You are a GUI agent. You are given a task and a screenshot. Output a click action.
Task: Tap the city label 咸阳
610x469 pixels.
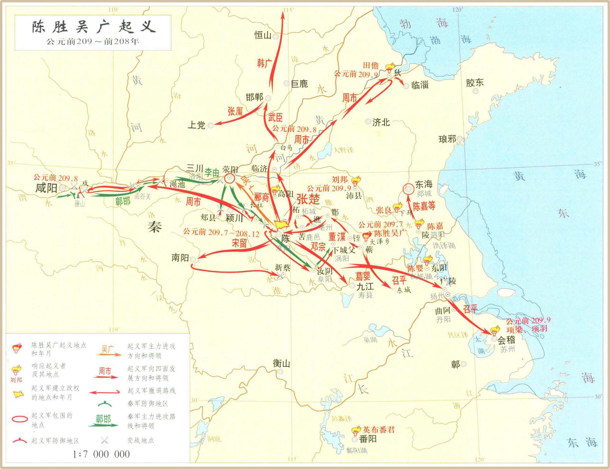click(46, 188)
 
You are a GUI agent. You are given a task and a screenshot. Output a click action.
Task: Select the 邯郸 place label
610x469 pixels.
click(254, 97)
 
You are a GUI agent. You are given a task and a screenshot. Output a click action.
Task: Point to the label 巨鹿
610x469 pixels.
click(299, 83)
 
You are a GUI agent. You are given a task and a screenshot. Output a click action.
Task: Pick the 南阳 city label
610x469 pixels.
click(180, 258)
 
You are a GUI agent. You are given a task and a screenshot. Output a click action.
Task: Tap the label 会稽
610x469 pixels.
click(506, 340)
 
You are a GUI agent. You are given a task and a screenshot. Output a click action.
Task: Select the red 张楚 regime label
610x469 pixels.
click(308, 199)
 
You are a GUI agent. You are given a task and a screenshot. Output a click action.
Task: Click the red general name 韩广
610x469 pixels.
click(264, 63)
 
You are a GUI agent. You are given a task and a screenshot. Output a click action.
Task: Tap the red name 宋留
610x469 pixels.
click(239, 243)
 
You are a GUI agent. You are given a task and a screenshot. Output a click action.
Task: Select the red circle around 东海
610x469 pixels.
click(409, 189)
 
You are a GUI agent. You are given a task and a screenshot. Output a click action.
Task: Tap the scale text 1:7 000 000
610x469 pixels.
click(101, 454)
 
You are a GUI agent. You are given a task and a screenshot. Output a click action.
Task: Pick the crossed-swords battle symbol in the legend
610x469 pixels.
click(105, 440)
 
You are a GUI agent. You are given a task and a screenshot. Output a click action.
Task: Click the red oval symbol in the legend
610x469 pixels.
click(20, 419)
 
